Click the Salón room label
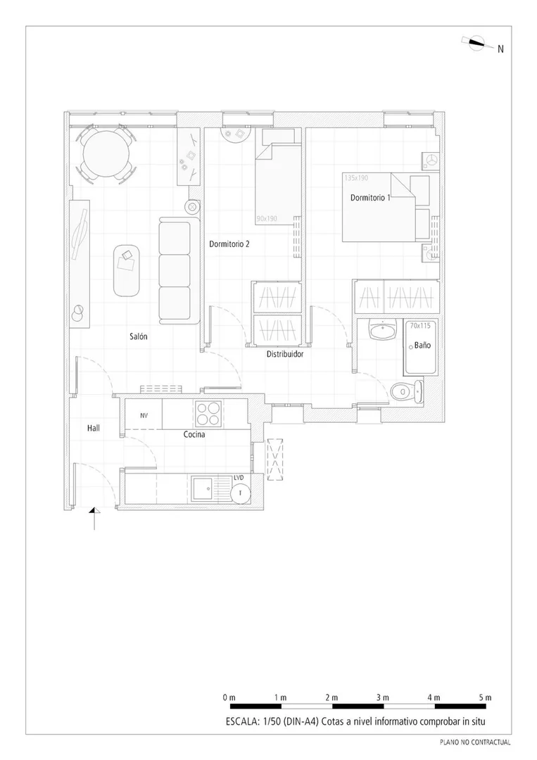point(138,336)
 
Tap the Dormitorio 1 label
point(370,198)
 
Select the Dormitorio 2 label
point(229,243)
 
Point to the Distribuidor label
point(285,354)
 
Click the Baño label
point(422,345)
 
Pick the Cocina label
point(194,434)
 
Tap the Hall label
point(94,428)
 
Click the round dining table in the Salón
point(106,155)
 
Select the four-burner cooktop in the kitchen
point(209,414)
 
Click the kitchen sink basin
point(202,488)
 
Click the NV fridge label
point(144,415)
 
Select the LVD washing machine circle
point(240,493)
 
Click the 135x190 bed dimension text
point(356,178)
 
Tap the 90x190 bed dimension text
point(267,219)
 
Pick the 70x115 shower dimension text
point(420,326)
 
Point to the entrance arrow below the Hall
point(94,518)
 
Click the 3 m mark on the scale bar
point(383,698)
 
